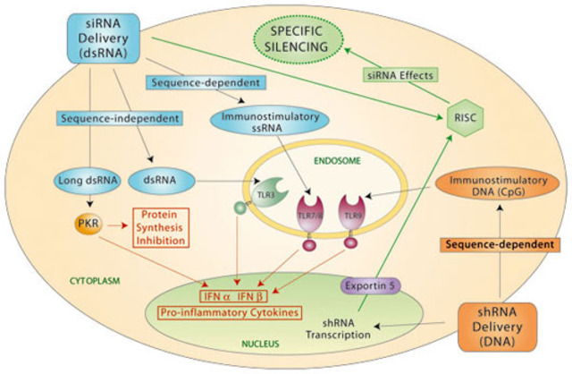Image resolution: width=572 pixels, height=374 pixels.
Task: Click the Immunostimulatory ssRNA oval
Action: click(x=259, y=123)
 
